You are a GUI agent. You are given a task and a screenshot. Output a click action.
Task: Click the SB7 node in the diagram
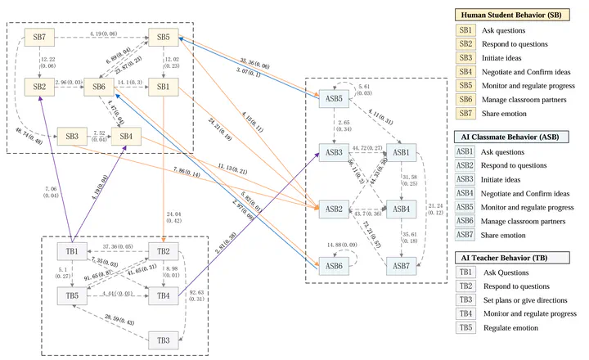(x=39, y=37)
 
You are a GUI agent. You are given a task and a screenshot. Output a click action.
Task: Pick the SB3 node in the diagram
(x=71, y=136)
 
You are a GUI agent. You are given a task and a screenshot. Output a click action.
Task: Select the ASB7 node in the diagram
(x=402, y=266)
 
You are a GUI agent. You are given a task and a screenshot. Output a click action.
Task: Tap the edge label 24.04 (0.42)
(x=173, y=216)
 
